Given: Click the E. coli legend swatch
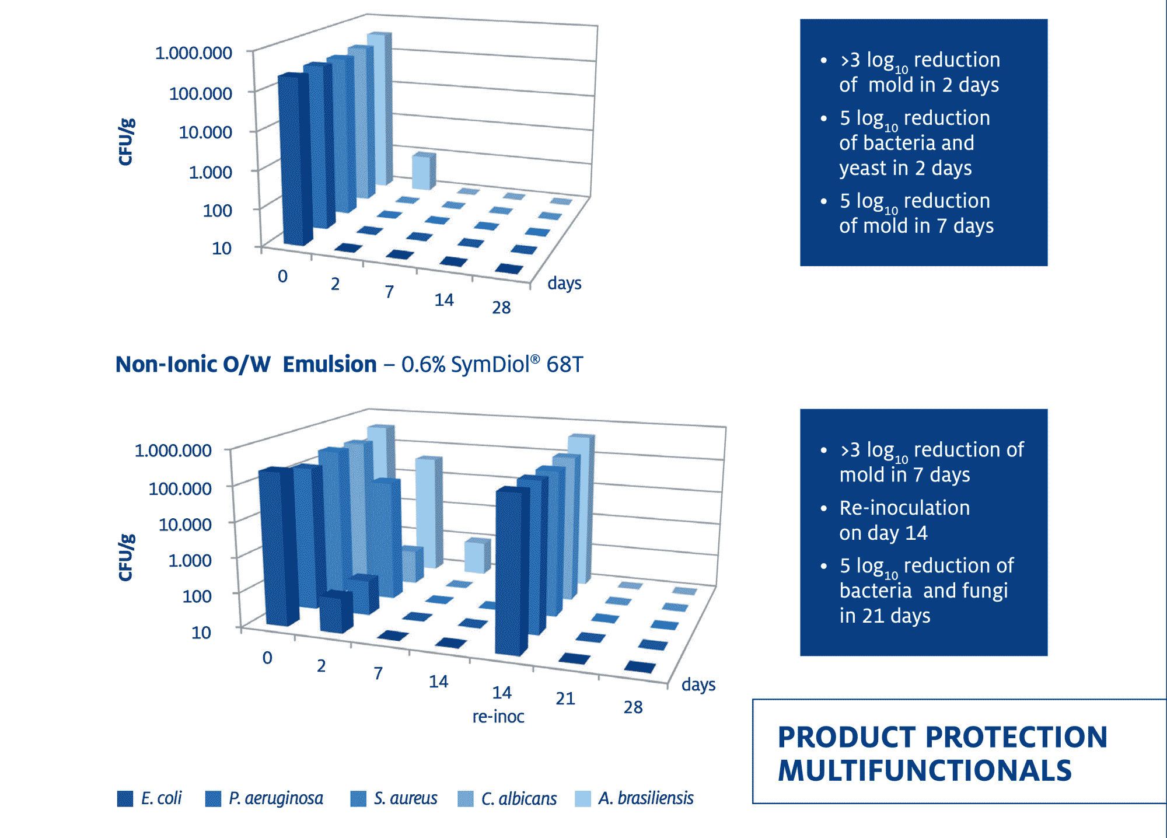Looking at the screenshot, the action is (125, 798).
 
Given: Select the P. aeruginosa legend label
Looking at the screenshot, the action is (276, 798).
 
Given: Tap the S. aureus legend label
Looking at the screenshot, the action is (406, 798).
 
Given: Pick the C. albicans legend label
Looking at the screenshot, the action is (519, 798).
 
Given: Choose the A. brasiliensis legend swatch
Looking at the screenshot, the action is (583, 798).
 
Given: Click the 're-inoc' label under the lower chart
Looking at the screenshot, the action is (498, 716).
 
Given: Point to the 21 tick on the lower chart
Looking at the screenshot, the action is (565, 698).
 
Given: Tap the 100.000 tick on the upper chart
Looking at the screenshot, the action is (201, 93).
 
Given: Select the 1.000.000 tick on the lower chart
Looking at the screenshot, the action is (173, 450).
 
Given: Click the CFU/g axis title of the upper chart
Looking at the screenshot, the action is (127, 142).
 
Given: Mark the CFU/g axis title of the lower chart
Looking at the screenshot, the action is (127, 557).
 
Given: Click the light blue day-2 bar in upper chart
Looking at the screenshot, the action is (424, 172).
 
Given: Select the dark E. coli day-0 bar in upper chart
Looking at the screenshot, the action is (295, 159).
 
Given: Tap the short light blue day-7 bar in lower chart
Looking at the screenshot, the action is (477, 556).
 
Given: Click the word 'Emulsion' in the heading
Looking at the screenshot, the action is (330, 364).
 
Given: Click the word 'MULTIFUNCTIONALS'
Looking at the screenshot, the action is (925, 771).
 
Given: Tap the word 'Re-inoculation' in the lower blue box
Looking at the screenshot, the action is (904, 508).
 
